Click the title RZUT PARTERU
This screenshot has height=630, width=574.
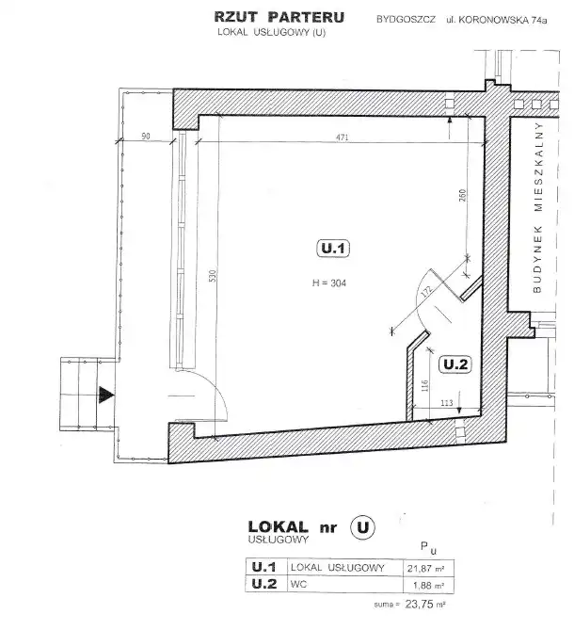pyautogui.click(x=279, y=17)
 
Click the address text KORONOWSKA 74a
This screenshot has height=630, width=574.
pyautogui.click(x=502, y=20)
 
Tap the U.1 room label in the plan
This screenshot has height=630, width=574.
pyautogui.click(x=333, y=249)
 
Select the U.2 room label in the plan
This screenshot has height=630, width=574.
pyautogui.click(x=455, y=364)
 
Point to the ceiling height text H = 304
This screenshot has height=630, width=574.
pyautogui.click(x=329, y=283)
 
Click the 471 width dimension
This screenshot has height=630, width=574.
pyautogui.click(x=342, y=137)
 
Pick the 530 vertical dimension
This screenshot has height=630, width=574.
pyautogui.click(x=213, y=276)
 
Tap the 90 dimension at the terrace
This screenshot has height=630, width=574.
pyautogui.click(x=146, y=137)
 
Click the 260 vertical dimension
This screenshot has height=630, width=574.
pyautogui.click(x=462, y=195)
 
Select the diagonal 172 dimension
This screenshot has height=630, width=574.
pyautogui.click(x=426, y=292)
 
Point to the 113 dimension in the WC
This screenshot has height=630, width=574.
pyautogui.click(x=446, y=403)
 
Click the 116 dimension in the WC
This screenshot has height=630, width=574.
pyautogui.click(x=425, y=386)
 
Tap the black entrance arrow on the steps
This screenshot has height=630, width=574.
pyautogui.click(x=106, y=395)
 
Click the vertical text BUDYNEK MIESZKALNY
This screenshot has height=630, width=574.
pyautogui.click(x=538, y=207)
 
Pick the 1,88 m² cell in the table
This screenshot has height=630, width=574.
pyautogui.click(x=428, y=586)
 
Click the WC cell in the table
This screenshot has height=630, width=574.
pyautogui.click(x=298, y=584)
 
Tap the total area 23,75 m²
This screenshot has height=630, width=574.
pyautogui.click(x=425, y=604)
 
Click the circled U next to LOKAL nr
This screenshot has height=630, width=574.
pyautogui.click(x=363, y=527)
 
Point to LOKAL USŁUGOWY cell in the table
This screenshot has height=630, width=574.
pyautogui.click(x=338, y=567)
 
